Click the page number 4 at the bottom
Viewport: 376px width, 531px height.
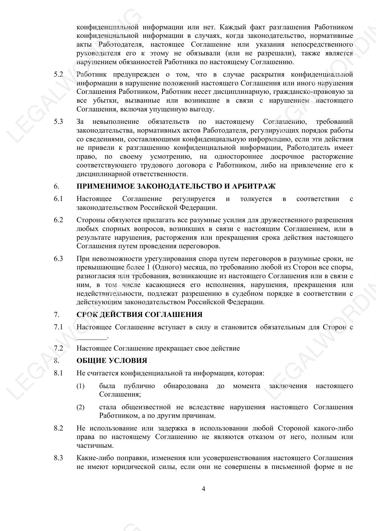pos(203,489)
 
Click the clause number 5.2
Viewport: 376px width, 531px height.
pos(58,74)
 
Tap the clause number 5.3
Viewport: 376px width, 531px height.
pos(58,122)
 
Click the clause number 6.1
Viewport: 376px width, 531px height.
pos(58,199)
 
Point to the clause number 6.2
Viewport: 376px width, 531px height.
pos(58,220)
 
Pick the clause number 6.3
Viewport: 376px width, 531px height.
pos(58,259)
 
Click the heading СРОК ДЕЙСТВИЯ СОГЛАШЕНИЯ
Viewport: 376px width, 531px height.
pos(139,315)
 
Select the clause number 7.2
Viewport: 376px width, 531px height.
pos(58,348)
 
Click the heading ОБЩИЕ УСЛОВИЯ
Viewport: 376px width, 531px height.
pos(112,361)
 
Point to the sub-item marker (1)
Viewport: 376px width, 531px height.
pos(80,386)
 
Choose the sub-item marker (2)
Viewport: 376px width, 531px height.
pos(80,407)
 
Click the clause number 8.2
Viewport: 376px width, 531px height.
pos(58,428)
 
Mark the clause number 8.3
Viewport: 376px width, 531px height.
pos(58,458)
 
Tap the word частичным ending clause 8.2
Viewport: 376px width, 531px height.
pos(91,446)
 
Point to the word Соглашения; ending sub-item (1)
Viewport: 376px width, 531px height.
pos(120,394)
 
